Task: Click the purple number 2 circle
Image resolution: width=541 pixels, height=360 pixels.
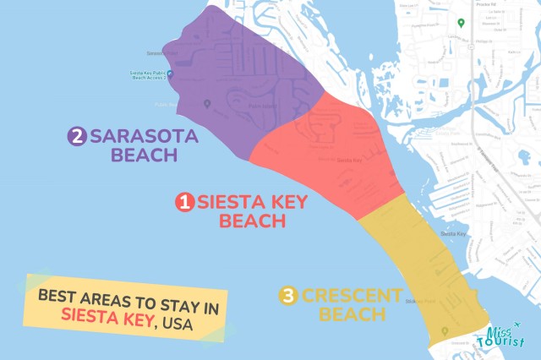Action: click(x=78, y=136)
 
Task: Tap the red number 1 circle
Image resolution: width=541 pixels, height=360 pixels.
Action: click(x=183, y=203)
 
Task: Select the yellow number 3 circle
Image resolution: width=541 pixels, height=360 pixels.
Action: click(x=289, y=296)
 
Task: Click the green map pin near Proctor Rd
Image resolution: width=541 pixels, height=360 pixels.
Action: click(x=461, y=23)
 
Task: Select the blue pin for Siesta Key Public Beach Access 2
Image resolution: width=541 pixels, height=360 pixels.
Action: click(x=170, y=74)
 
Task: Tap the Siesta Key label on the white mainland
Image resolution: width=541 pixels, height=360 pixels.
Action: click(x=454, y=233)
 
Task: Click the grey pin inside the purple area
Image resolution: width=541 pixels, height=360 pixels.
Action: click(x=207, y=104)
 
